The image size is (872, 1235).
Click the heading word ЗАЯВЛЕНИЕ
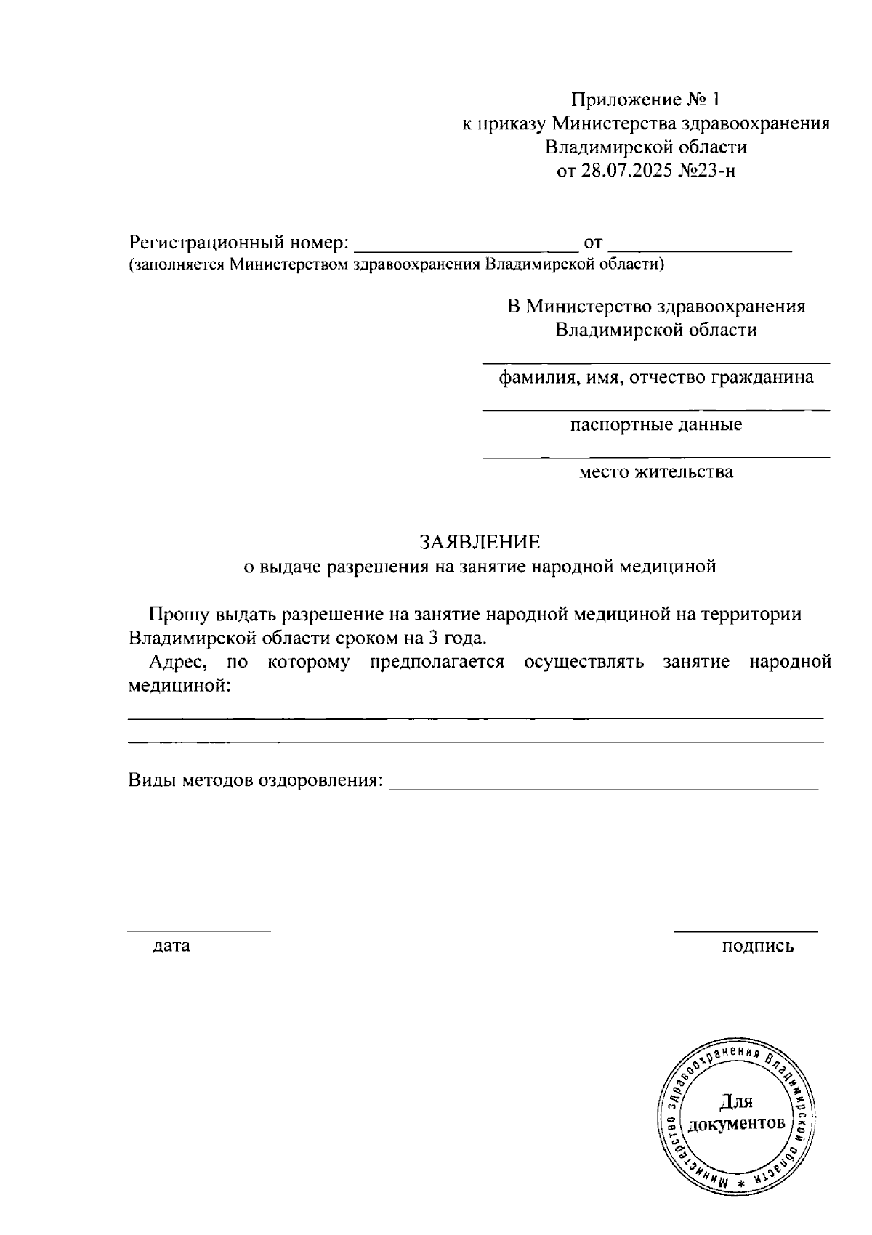480,542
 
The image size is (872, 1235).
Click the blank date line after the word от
700,248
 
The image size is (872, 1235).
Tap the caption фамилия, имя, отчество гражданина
655,378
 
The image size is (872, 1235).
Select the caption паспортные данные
655,425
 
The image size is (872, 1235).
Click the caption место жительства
655,472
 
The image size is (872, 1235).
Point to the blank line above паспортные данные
655,410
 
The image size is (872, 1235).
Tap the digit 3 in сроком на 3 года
443,639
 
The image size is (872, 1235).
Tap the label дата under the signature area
171,946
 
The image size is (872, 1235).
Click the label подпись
758,946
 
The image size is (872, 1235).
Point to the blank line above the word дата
199,930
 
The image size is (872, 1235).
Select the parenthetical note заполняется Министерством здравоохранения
396,265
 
